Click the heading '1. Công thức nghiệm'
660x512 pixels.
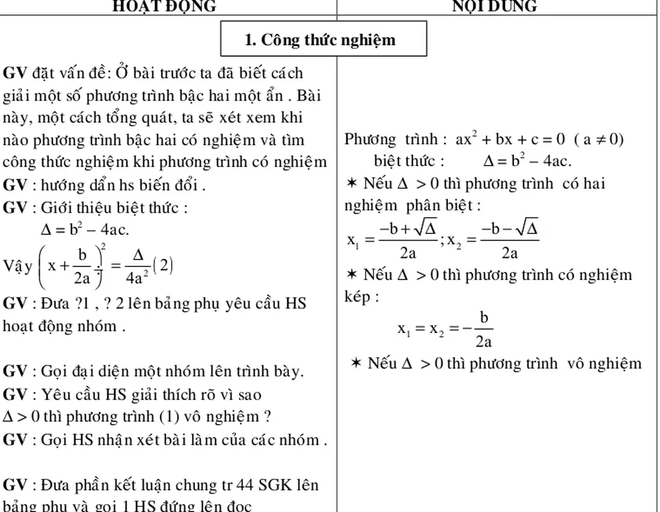click(320, 40)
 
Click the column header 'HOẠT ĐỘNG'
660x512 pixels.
click(166, 6)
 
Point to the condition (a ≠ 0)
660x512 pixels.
click(598, 140)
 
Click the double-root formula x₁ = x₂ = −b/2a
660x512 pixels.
click(446, 329)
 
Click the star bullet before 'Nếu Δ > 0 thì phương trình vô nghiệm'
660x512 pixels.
click(357, 364)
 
